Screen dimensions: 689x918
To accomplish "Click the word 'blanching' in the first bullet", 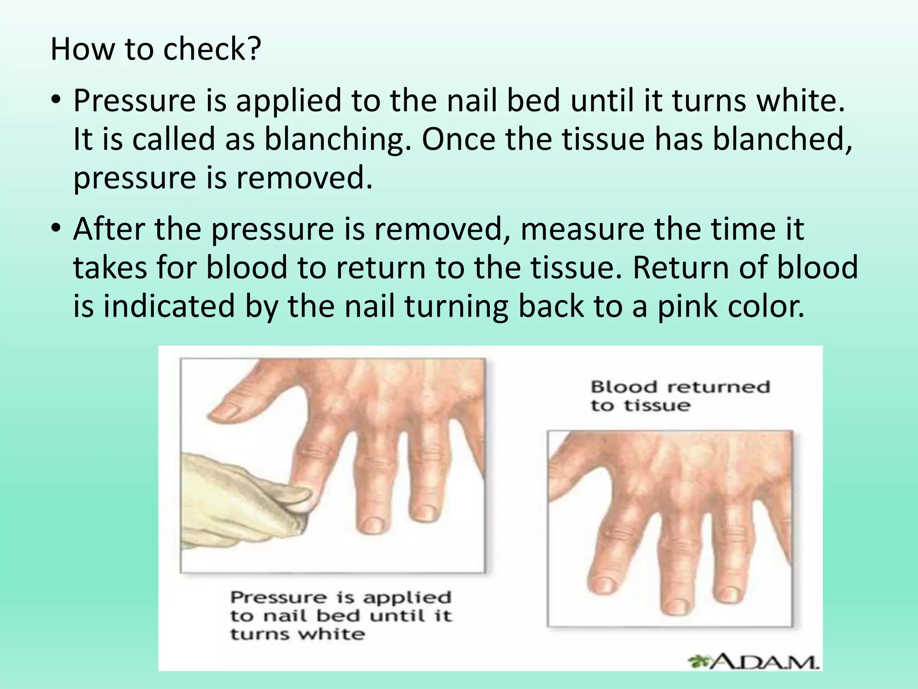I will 338,139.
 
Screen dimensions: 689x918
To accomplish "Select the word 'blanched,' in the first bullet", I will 783,139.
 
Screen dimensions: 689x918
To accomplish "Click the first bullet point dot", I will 55,100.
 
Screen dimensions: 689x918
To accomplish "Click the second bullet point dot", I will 55,229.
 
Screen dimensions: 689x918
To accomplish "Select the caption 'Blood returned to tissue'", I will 680,396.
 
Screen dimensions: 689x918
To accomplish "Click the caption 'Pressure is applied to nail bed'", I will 341,615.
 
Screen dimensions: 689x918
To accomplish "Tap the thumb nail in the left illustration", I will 228,410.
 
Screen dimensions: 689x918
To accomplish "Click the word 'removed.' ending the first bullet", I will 304,178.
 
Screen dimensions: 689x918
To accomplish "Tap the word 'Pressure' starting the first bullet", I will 134,100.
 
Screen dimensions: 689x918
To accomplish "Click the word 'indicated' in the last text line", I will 169,306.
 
